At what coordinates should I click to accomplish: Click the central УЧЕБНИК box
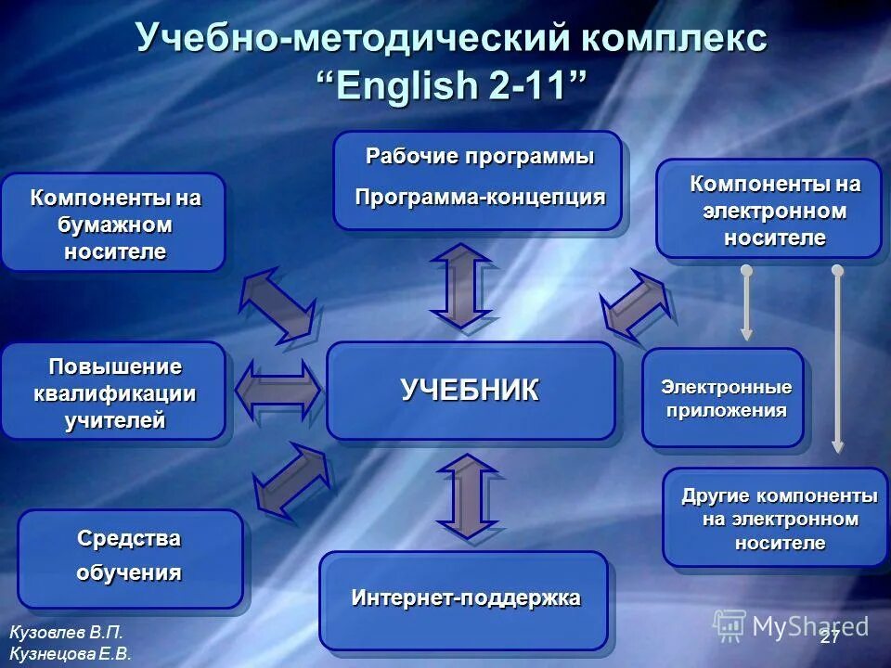[471, 391]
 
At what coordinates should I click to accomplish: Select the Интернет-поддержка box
[464, 599]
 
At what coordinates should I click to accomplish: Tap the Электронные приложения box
[722, 398]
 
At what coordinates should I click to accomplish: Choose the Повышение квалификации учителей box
[114, 392]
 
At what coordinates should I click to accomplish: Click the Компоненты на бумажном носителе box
[114, 223]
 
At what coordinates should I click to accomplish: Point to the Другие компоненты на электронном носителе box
[775, 518]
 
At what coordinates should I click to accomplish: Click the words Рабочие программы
[480, 157]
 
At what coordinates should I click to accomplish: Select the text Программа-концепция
[480, 197]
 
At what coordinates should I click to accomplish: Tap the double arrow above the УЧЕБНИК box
[460, 286]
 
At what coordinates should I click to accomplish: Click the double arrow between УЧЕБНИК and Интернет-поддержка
[467, 495]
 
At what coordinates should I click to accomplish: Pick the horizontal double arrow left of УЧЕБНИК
[278, 390]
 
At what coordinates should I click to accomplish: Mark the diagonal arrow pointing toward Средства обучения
[291, 479]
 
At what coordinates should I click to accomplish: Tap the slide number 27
[829, 637]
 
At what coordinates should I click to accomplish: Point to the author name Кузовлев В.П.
[66, 633]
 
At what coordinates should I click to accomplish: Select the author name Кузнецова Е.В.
[70, 653]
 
